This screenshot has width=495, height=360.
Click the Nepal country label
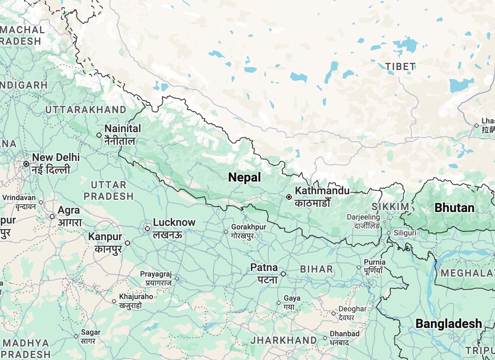tap(244, 178)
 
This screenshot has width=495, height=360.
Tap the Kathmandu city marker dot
tap(289, 197)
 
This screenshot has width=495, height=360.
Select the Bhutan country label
tap(454, 208)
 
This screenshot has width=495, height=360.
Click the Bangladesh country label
tap(448, 324)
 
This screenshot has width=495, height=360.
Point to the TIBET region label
tap(400, 67)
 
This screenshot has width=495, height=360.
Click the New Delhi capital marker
tap(26, 164)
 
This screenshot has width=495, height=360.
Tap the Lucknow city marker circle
tap(147, 228)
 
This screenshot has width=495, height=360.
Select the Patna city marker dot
tap(283, 274)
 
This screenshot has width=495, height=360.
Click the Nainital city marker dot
tap(99, 135)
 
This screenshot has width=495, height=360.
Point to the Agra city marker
tap(52, 216)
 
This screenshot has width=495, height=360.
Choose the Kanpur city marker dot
tap(127, 243)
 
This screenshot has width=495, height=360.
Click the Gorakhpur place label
tap(248, 227)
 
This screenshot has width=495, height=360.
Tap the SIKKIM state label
tap(390, 207)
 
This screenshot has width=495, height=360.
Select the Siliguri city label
tap(404, 233)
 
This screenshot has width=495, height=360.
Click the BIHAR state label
tap(316, 269)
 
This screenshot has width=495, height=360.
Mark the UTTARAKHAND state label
tap(85, 110)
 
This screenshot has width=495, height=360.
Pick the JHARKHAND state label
tap(283, 340)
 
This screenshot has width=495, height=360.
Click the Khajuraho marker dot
tap(114, 301)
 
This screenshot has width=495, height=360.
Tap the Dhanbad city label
tap(345, 334)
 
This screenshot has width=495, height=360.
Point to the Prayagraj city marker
tap(177, 278)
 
